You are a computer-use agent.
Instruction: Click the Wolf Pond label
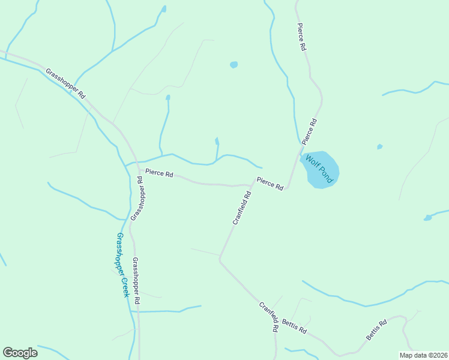(319, 169)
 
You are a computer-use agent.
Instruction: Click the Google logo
(20, 353)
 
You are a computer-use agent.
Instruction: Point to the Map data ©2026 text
(423, 355)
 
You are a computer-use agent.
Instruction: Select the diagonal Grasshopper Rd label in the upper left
(65, 83)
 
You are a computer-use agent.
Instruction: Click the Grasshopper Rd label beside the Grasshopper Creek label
(136, 280)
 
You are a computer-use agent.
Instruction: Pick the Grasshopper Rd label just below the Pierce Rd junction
(137, 198)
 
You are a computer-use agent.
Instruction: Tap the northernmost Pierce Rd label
(302, 37)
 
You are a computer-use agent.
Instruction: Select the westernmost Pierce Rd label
(159, 174)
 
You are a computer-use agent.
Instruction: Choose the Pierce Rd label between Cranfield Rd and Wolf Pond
(270, 183)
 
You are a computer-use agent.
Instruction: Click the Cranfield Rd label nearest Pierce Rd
(242, 208)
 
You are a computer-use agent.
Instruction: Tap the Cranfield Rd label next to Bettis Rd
(269, 317)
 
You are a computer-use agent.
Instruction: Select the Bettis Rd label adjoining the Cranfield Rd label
(295, 328)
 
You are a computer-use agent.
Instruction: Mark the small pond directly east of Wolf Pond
(379, 146)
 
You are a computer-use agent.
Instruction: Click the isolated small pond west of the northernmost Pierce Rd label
(234, 65)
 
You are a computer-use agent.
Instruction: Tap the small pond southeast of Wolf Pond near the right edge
(427, 217)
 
